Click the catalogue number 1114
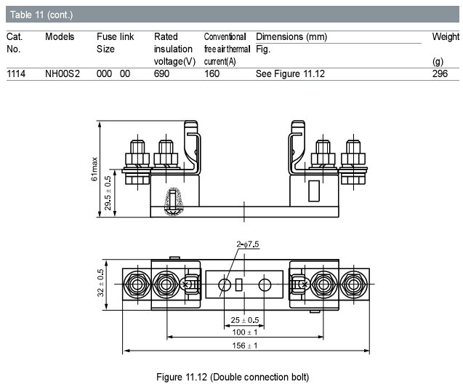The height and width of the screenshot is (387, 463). point(16,73)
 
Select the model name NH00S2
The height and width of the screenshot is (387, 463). point(63,73)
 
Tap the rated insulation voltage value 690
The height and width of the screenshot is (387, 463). point(161,73)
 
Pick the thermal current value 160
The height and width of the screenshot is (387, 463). point(212,73)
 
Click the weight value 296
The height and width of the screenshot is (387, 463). point(440,73)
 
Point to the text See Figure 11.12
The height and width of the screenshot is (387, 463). point(290,73)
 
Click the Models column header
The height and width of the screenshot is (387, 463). point(60,36)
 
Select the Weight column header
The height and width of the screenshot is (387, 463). point(446,36)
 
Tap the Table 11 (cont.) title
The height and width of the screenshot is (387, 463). point(41,15)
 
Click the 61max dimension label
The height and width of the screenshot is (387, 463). point(94,169)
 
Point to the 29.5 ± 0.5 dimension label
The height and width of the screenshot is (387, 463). point(108,193)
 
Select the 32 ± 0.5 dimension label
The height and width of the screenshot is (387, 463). point(100,283)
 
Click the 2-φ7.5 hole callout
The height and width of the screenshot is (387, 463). point(247,244)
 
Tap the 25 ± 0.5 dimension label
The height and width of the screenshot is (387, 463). point(245,320)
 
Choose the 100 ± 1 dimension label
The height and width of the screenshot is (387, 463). point(245,332)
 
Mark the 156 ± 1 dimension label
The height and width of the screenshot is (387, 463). point(245,346)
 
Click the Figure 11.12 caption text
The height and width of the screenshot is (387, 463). point(233,378)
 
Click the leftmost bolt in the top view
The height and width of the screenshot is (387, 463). point(137,284)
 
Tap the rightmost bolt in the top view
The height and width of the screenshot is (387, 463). point(353,284)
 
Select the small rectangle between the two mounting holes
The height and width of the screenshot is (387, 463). point(239,284)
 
